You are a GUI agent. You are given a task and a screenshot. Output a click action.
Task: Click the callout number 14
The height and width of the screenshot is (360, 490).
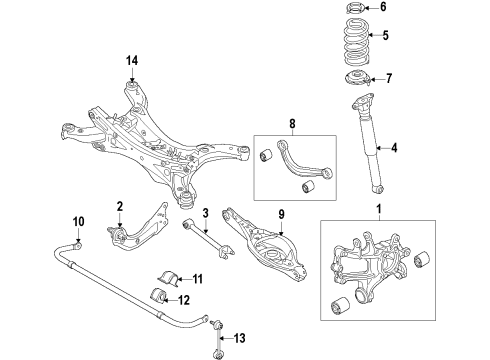point(132,61)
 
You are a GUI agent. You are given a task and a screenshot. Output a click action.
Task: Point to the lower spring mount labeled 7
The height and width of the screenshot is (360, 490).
point(357,79)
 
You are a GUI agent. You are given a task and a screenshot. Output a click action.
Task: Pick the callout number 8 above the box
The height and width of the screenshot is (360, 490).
point(292,124)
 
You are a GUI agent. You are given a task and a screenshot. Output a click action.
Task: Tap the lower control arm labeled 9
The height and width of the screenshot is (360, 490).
point(263,245)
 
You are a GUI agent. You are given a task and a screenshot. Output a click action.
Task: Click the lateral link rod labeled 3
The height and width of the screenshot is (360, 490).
point(208,237)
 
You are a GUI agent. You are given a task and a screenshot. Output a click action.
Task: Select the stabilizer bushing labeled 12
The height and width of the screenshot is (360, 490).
point(158,295)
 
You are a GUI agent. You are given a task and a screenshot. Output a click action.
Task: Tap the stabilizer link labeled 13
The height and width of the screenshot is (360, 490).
point(217,339)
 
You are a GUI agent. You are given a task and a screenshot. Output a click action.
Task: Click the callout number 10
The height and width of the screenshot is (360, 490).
point(79,222)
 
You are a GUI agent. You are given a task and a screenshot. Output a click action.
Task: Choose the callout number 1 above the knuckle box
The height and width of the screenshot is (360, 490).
point(379,209)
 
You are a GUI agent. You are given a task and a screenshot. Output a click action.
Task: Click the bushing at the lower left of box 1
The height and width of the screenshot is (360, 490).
point(340,306)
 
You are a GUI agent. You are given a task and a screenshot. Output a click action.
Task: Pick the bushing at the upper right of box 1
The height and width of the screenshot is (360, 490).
point(422,259)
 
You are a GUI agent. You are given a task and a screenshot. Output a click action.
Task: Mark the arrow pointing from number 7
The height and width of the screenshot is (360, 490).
point(377,79)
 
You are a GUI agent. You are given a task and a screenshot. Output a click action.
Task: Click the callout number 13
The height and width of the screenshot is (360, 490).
point(239,338)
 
